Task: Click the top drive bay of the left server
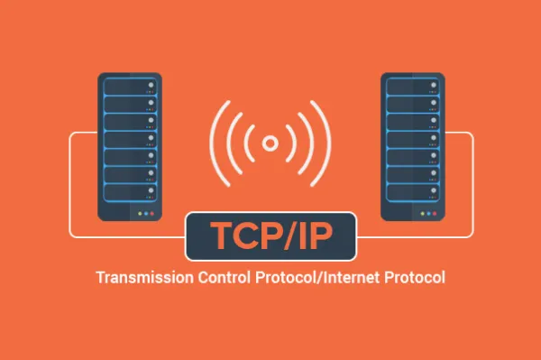click(x=130, y=88)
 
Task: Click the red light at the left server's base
click(x=154, y=214)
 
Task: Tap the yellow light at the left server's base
click(x=147, y=214)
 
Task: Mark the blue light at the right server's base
click(x=421, y=214)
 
